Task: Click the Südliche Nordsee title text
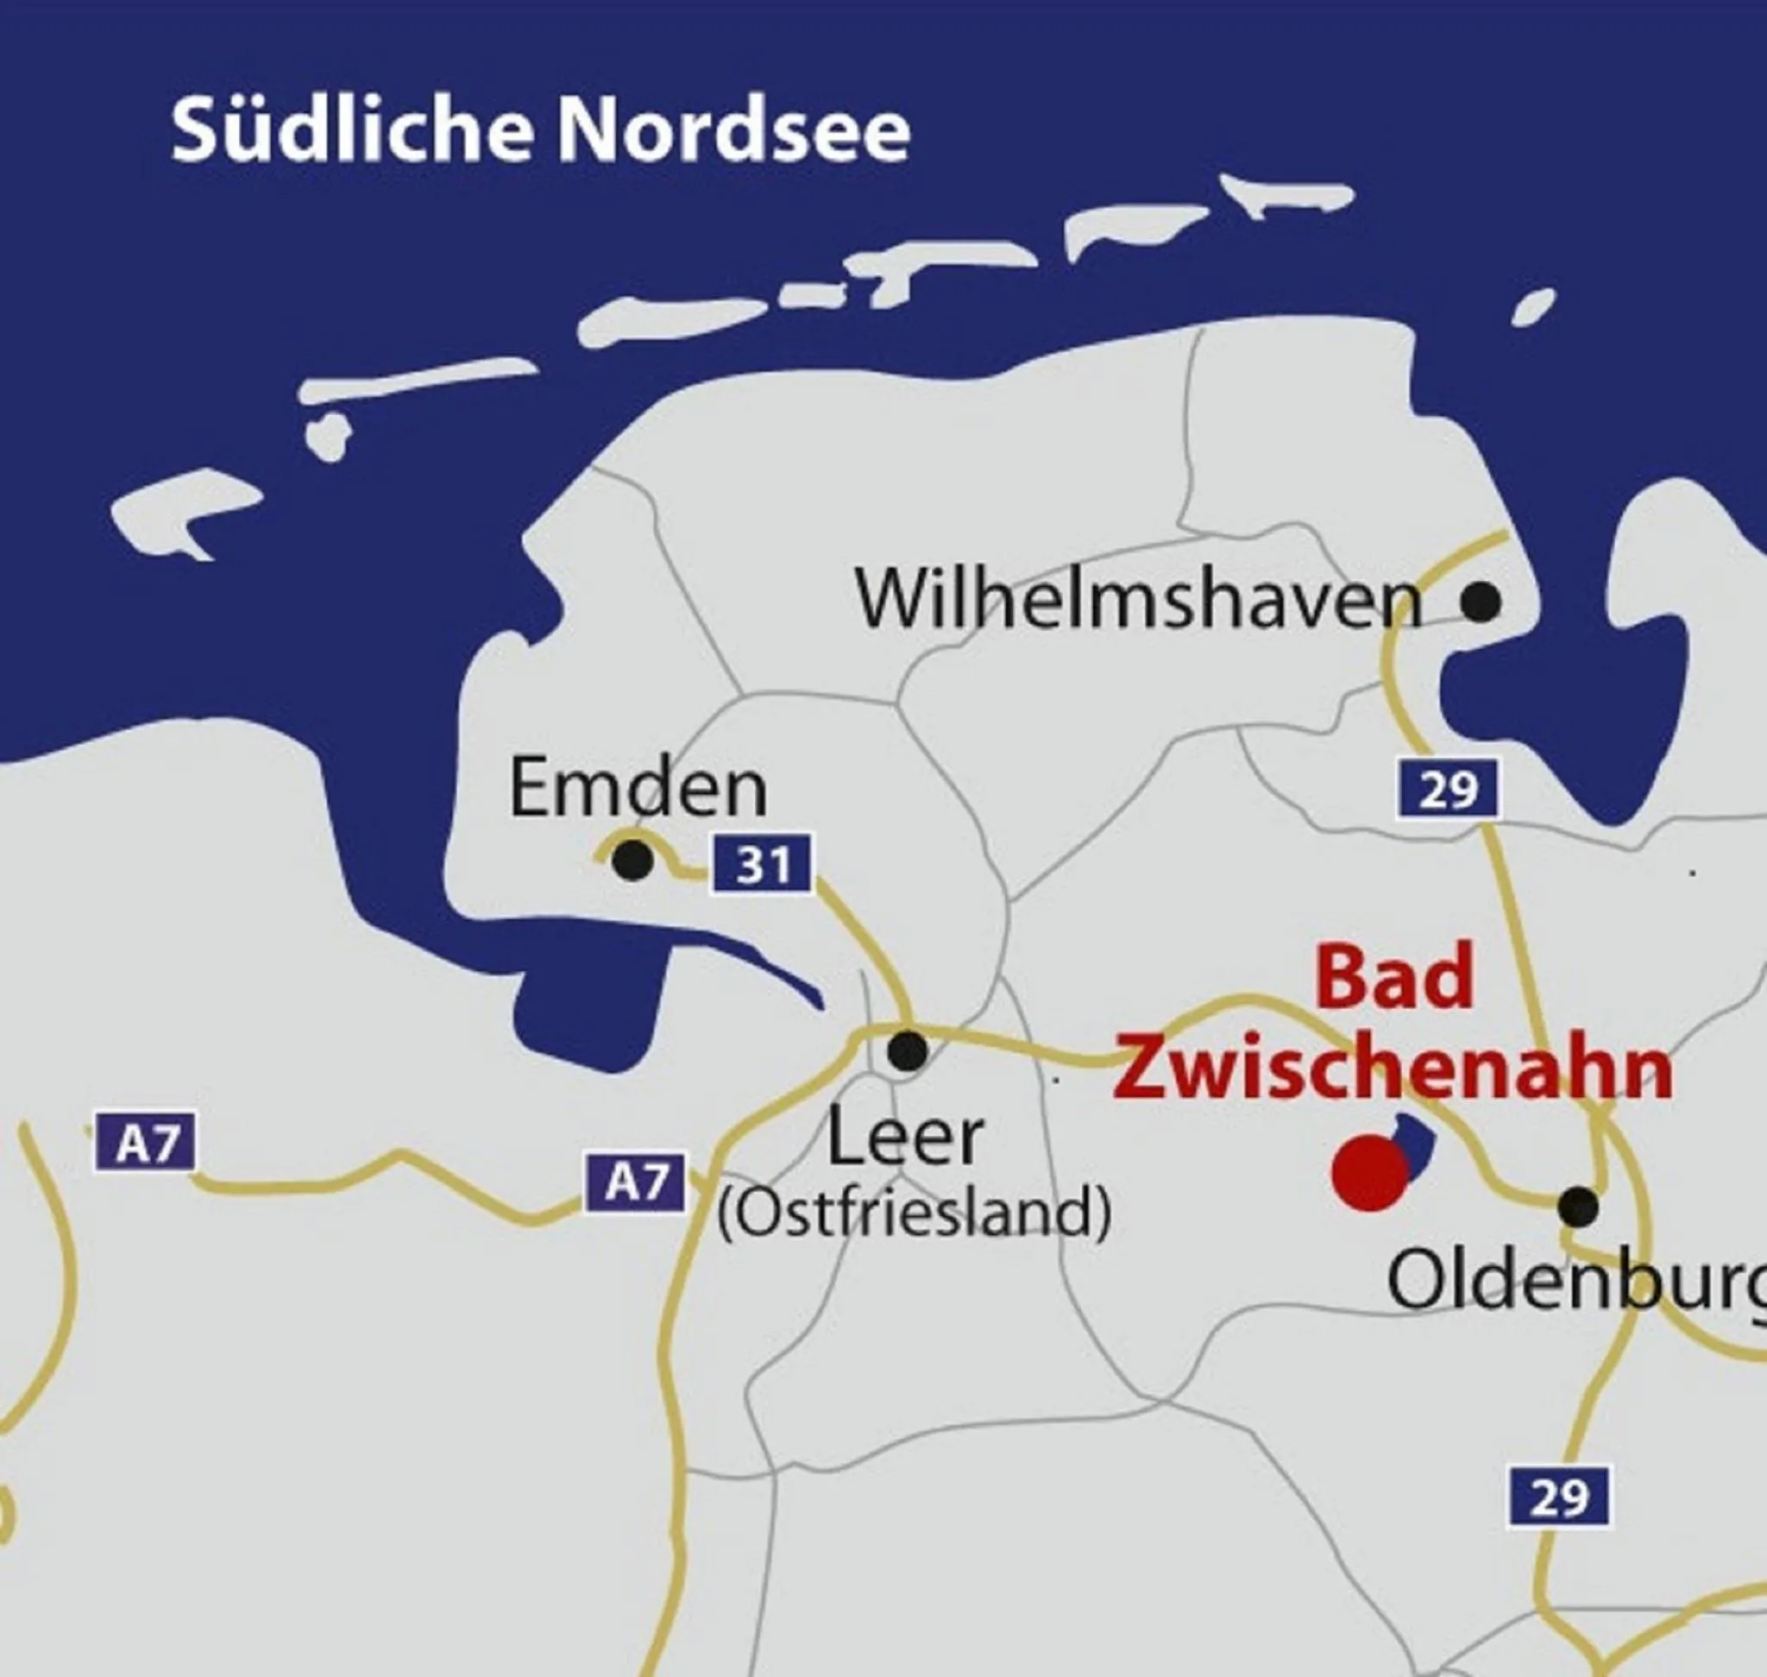click(540, 131)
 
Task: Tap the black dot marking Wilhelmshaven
click(1481, 602)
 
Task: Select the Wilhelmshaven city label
click(1139, 600)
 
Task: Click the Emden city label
click(638, 789)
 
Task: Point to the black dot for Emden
click(632, 860)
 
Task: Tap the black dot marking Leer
click(908, 1050)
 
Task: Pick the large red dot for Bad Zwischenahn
click(1369, 1173)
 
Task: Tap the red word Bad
click(1393, 979)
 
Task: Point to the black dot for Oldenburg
click(1578, 1206)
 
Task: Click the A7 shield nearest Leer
click(636, 1182)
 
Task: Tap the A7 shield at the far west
click(145, 1142)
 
